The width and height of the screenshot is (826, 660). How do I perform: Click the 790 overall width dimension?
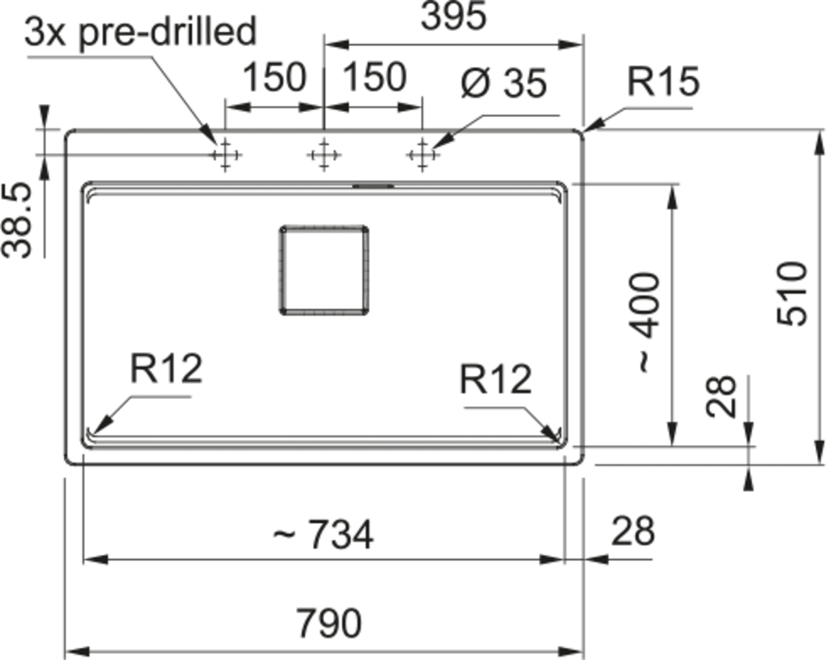click(x=329, y=623)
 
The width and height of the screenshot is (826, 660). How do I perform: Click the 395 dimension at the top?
click(x=453, y=17)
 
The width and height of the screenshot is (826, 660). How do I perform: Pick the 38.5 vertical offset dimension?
click(x=17, y=220)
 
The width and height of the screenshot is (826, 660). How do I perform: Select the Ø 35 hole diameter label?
click(x=503, y=83)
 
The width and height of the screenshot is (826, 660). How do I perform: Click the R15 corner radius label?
click(x=663, y=81)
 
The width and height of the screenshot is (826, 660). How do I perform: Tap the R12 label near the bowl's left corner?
click(x=166, y=368)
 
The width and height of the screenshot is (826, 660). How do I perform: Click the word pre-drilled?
click(x=168, y=31)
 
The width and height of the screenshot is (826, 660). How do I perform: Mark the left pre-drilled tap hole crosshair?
click(x=225, y=155)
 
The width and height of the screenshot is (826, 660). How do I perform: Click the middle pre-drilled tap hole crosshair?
click(x=324, y=155)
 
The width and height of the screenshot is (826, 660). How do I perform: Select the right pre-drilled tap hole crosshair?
click(x=422, y=155)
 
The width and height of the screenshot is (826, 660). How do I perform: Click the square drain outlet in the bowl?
click(x=324, y=270)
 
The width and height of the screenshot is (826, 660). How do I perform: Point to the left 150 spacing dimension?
click(x=274, y=77)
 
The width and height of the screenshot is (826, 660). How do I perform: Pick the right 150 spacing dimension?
click(x=374, y=77)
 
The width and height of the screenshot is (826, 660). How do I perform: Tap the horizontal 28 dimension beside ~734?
click(x=633, y=531)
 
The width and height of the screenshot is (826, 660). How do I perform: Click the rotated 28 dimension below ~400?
click(x=721, y=396)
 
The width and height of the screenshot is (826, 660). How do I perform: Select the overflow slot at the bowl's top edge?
click(x=374, y=186)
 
